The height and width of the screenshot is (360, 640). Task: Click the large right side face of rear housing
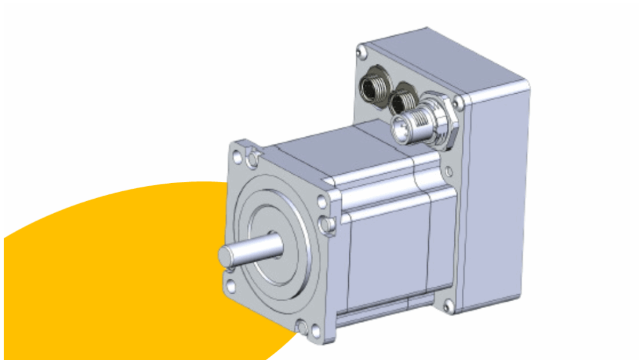click(500, 200)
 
